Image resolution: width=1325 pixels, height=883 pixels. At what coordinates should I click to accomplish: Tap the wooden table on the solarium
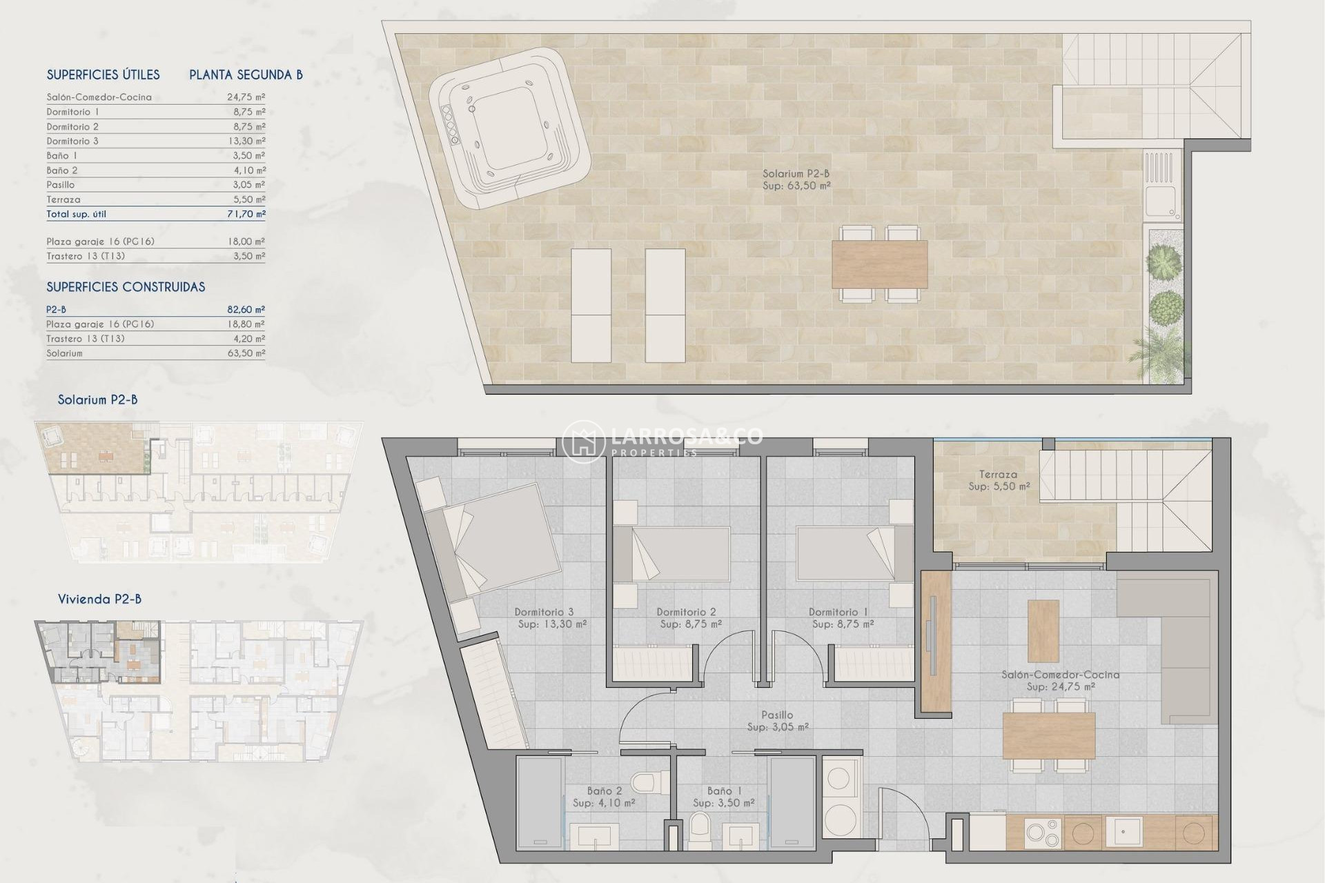(x=879, y=264)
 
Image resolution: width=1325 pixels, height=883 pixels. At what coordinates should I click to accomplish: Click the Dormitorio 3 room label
(x=544, y=612)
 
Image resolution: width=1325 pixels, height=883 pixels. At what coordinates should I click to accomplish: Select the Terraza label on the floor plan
(x=998, y=475)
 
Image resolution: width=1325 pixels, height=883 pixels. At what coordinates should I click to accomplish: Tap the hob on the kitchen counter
(x=1042, y=833)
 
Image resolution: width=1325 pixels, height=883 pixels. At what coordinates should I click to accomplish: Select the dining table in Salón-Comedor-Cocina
(x=1049, y=736)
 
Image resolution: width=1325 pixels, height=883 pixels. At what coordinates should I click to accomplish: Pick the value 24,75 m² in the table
(x=246, y=97)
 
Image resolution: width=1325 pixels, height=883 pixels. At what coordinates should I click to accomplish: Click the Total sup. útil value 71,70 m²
(x=246, y=215)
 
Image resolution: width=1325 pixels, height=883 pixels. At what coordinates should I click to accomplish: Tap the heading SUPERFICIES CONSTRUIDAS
(x=126, y=287)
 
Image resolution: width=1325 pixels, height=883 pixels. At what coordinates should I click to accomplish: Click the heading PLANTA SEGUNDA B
(x=246, y=75)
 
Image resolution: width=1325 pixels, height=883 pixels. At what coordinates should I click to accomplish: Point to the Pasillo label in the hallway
(x=777, y=715)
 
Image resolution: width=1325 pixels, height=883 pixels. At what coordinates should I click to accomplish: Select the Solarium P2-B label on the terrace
(x=796, y=174)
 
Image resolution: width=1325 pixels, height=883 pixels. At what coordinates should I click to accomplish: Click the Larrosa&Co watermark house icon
(x=583, y=442)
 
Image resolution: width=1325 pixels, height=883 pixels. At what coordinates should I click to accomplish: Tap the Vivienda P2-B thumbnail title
(x=99, y=599)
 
